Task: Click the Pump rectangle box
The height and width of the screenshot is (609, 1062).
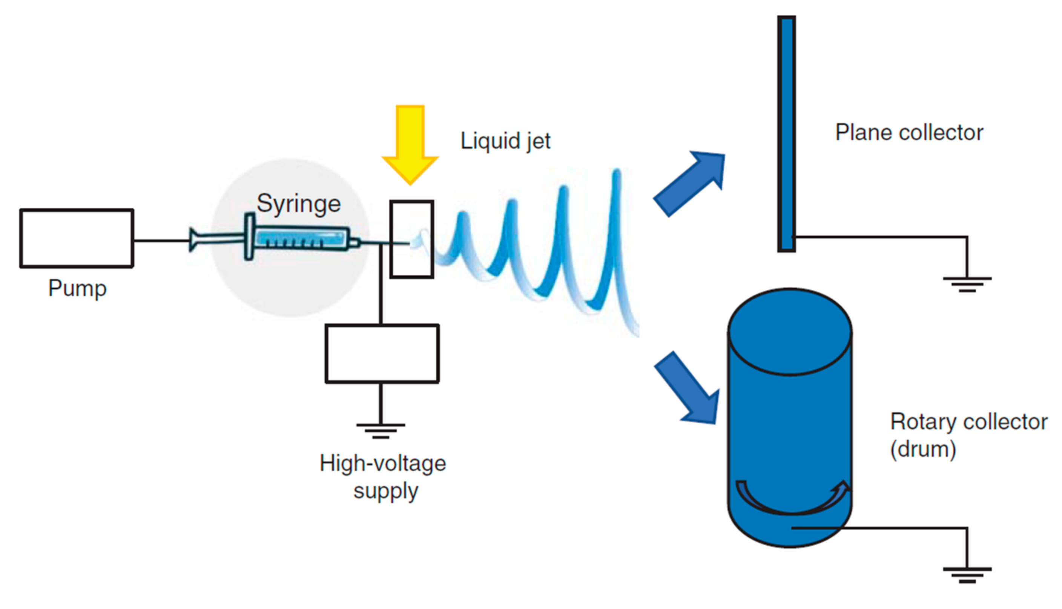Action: (x=77, y=238)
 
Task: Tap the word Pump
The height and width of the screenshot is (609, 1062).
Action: (x=77, y=289)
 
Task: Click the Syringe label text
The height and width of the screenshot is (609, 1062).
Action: (x=299, y=204)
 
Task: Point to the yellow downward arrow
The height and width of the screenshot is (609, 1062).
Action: (x=410, y=142)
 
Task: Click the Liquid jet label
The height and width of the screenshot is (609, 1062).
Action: (x=505, y=141)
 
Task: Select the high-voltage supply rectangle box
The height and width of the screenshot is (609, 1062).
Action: (x=382, y=354)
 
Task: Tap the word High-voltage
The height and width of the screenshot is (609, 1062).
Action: (x=383, y=464)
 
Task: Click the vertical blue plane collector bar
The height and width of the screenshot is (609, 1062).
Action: (x=786, y=134)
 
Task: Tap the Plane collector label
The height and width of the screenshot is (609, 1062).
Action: (x=909, y=133)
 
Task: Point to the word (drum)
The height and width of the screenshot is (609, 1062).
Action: (x=923, y=450)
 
